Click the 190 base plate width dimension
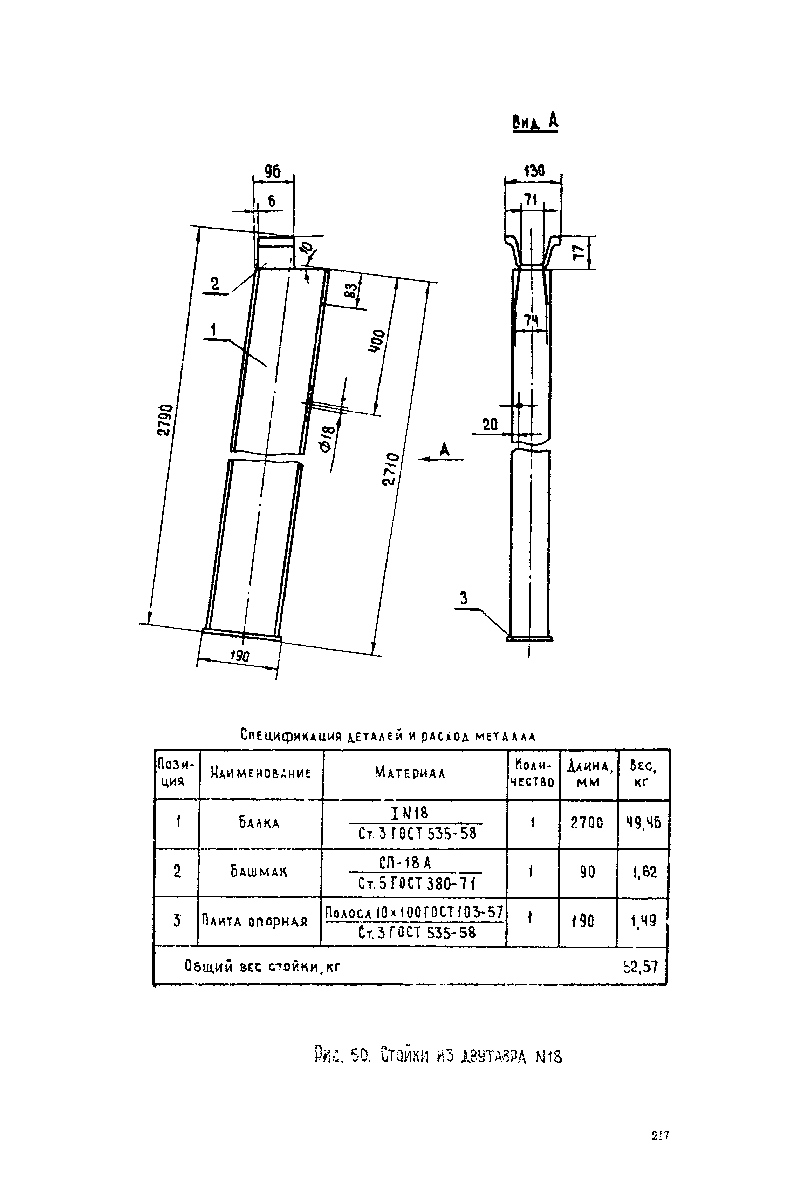point(240,656)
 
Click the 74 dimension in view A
point(531,320)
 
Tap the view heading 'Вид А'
point(535,121)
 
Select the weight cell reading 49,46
point(643,822)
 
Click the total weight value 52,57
point(641,967)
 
